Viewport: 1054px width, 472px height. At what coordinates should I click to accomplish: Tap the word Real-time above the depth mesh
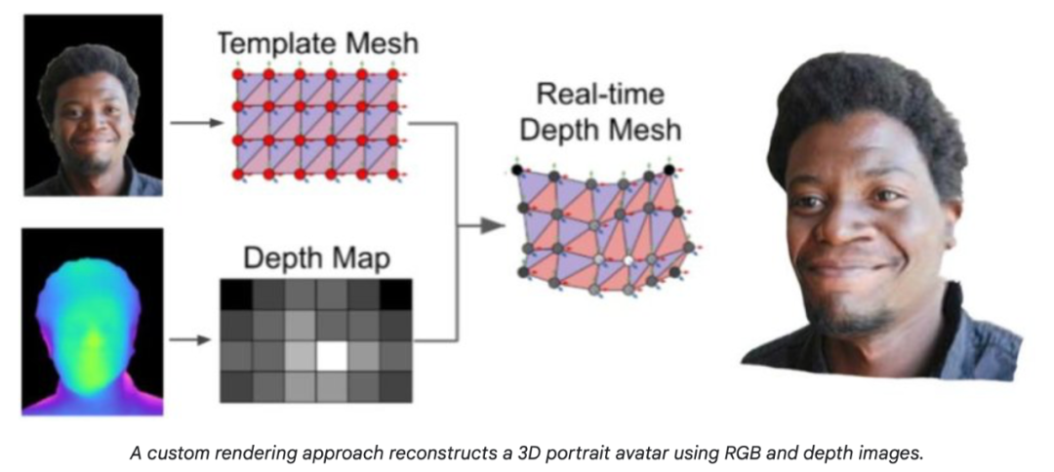point(599,96)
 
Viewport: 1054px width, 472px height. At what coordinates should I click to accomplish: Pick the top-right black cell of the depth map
point(395,294)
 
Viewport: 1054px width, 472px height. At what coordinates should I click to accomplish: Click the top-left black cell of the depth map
point(236,294)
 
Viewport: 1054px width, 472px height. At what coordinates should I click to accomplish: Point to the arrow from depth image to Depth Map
point(192,340)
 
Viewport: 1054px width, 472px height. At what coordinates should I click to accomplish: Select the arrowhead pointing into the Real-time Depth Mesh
point(495,226)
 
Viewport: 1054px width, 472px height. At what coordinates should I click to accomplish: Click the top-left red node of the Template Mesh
point(237,74)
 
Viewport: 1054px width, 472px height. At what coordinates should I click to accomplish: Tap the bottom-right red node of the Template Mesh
point(393,173)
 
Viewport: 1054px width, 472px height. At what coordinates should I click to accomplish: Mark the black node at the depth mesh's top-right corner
point(669,171)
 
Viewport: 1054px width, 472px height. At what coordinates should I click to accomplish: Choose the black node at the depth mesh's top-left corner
point(517,170)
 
